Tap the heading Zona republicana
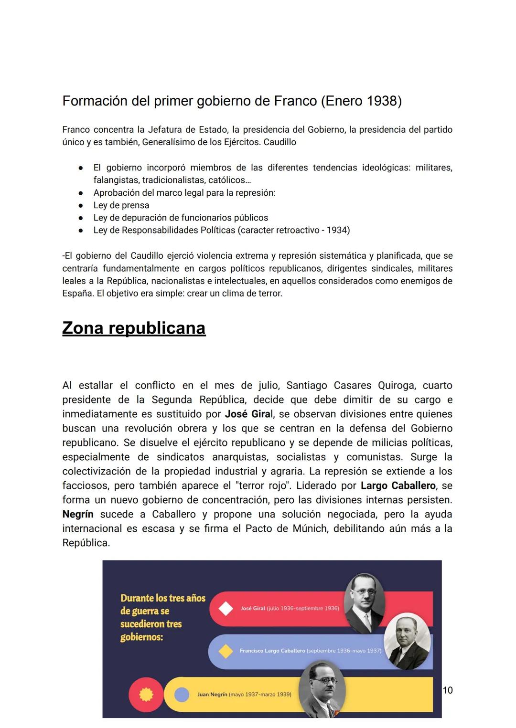pyautogui.click(x=134, y=328)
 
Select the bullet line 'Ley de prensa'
pyautogui.click(x=121, y=205)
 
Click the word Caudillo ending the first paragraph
pyautogui.click(x=280, y=142)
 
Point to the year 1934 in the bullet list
pyautogui.click(x=337, y=230)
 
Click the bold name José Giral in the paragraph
pyautogui.click(x=247, y=414)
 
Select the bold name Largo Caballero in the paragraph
pyautogui.click(x=398, y=485)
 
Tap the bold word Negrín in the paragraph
pyautogui.click(x=78, y=514)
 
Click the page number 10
pyautogui.click(x=448, y=690)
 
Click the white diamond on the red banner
pyautogui.click(x=226, y=609)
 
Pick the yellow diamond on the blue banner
pyautogui.click(x=226, y=651)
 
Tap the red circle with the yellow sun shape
pyautogui.click(x=146, y=695)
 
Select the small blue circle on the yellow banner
pyautogui.click(x=182, y=695)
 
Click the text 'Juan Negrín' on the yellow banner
pyautogui.click(x=212, y=695)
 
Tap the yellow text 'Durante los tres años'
pyautogui.click(x=162, y=598)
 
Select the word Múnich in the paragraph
pyautogui.click(x=311, y=528)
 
